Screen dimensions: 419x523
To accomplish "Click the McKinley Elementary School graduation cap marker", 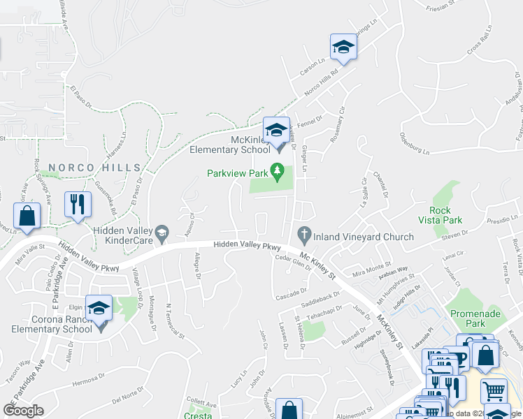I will point(276,131).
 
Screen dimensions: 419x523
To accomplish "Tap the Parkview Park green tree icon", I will point(278,170).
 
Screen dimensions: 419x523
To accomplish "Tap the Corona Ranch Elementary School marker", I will point(99,308).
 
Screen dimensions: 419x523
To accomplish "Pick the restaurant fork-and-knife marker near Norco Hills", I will point(77,204).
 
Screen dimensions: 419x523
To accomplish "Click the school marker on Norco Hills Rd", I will point(343,47).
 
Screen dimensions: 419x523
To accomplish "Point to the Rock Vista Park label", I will point(445,215).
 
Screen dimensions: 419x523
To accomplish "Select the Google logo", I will point(23,411).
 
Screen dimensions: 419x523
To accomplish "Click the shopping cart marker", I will point(494,392).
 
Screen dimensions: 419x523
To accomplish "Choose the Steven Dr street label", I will point(455,239).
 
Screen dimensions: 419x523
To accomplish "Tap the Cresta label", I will point(197,415).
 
